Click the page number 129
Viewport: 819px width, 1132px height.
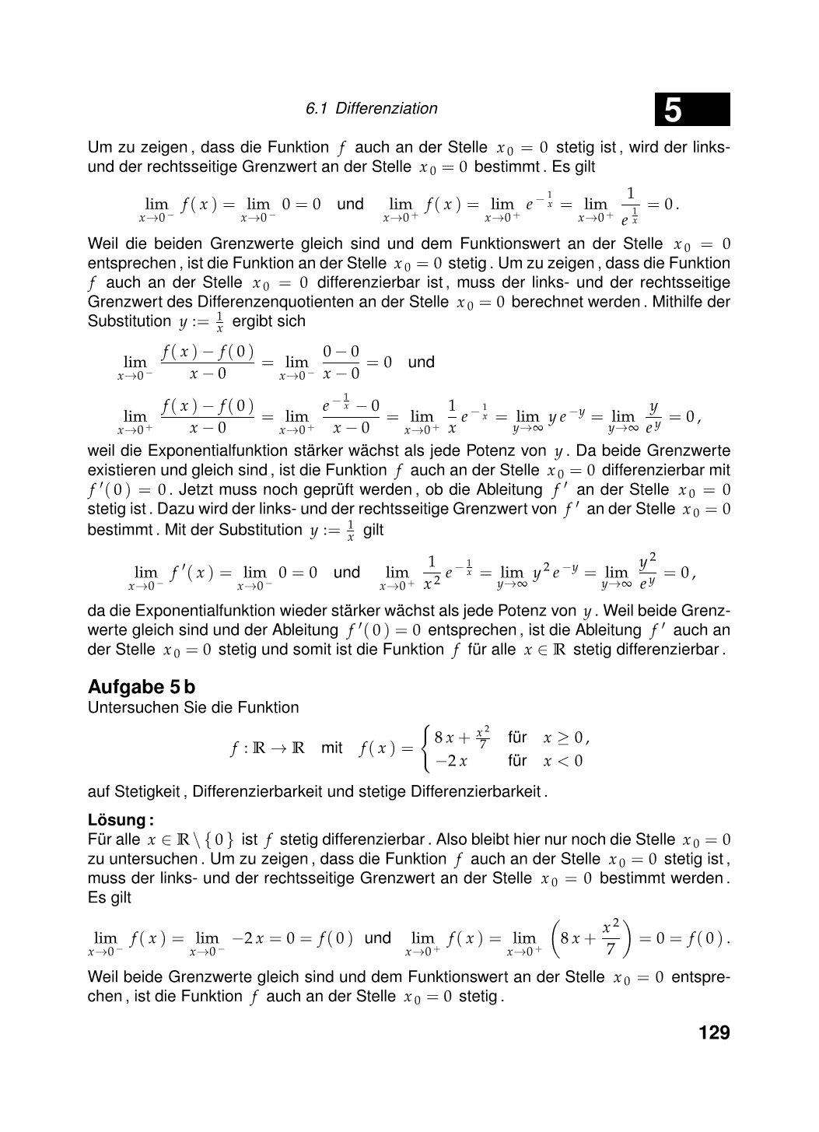click(714, 1033)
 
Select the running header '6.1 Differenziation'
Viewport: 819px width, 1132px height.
click(372, 109)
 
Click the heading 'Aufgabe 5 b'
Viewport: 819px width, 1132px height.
click(142, 688)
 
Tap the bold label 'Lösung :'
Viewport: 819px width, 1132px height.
click(121, 820)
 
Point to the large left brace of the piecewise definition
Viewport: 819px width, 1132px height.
click(425, 748)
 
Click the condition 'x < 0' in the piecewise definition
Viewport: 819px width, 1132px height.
click(562, 761)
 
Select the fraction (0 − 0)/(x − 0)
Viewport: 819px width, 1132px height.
click(341, 363)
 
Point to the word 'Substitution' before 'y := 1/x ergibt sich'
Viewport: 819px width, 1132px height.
click(130, 321)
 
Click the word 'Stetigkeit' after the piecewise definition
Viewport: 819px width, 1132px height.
click(147, 792)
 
